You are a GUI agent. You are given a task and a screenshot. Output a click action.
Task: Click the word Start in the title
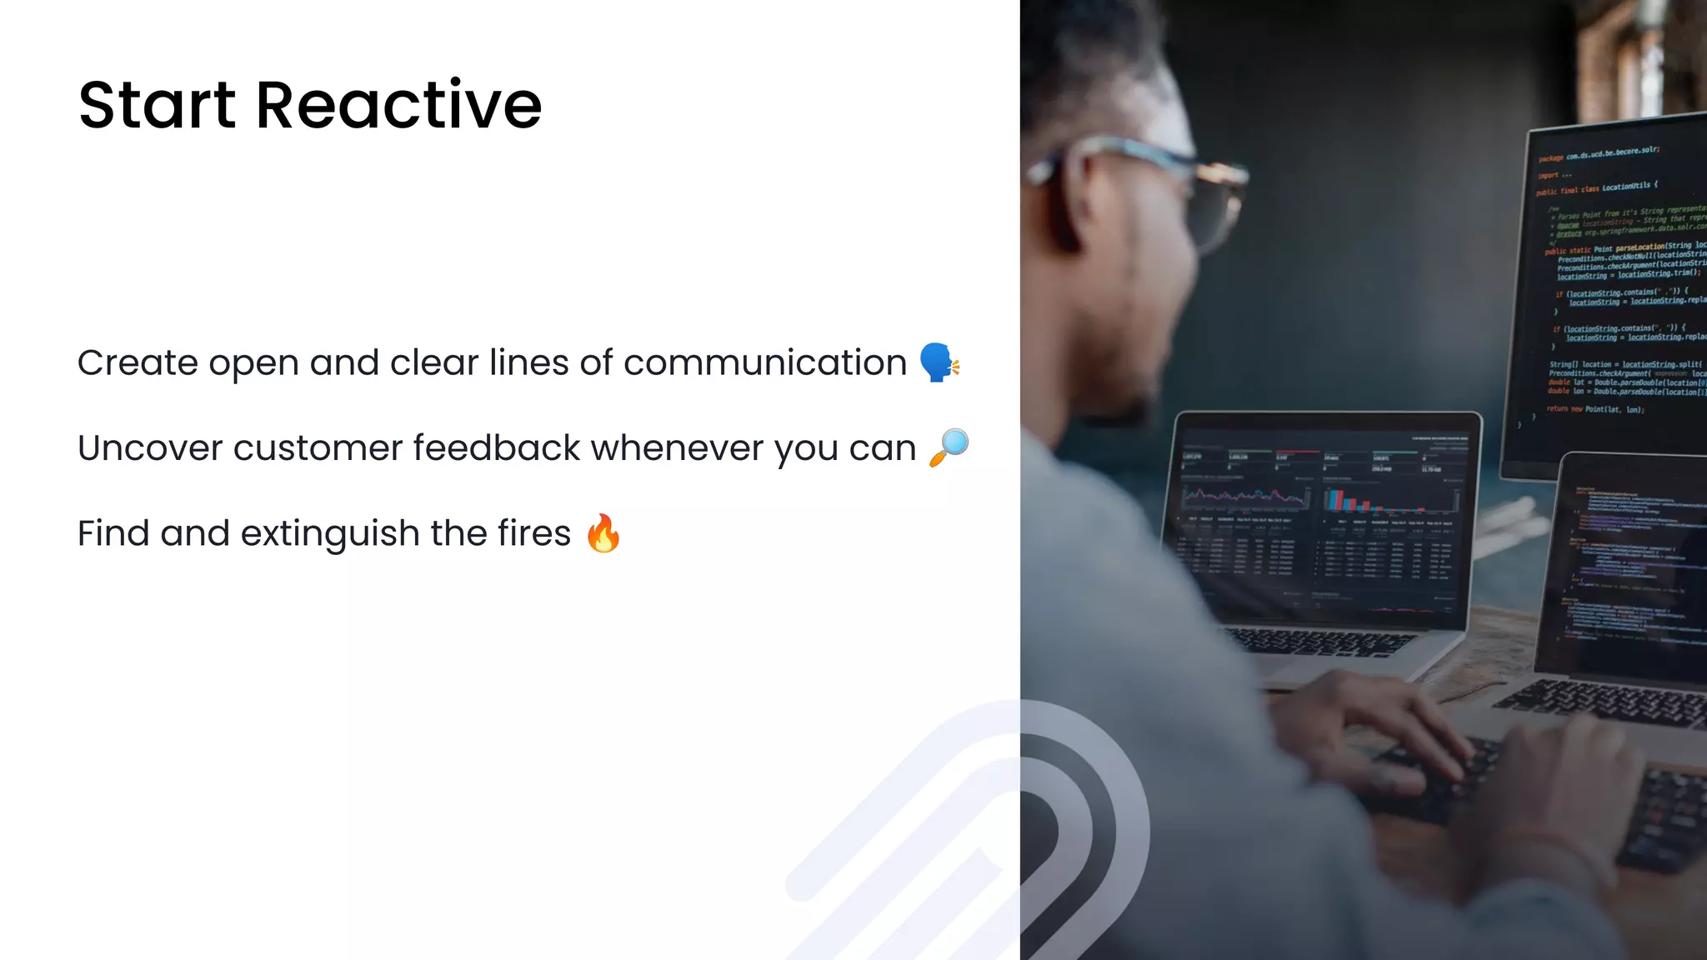157,106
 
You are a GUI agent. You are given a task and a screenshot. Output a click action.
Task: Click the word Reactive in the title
398,106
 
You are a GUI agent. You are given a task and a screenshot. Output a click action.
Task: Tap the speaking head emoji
939,362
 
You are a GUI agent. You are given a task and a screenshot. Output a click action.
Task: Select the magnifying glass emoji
949,447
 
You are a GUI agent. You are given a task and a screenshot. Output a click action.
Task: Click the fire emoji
603,533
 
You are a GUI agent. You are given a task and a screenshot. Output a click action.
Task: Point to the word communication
764,363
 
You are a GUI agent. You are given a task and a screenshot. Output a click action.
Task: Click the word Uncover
150,448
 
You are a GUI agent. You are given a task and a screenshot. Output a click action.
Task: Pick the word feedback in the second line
496,448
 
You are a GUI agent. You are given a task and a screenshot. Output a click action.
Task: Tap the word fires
533,533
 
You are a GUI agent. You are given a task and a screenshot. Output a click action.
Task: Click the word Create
138,363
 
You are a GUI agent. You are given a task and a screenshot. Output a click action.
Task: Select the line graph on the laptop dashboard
1245,497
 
